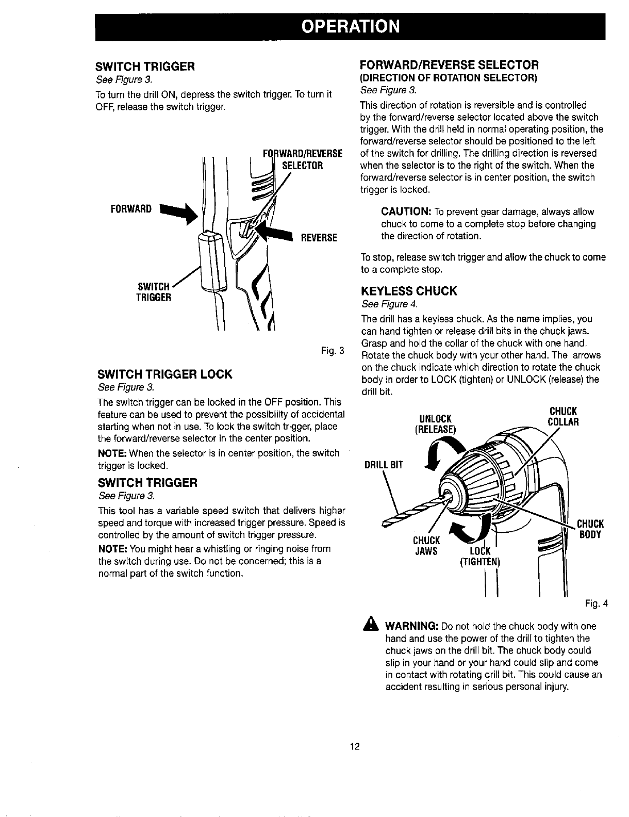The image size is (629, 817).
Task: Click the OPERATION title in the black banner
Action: tap(350, 26)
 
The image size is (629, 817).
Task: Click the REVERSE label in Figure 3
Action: tap(319, 238)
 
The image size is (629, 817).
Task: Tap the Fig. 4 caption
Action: tap(597, 603)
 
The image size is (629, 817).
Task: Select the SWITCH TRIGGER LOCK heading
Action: tap(164, 374)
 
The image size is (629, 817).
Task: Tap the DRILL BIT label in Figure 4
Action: tap(383, 464)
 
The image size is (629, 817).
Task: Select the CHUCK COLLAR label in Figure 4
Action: tap(562, 416)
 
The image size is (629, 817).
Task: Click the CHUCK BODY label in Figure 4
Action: tap(590, 529)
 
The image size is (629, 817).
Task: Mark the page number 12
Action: tap(355, 746)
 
